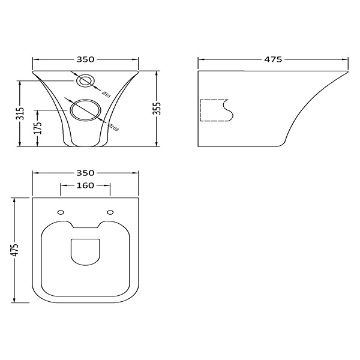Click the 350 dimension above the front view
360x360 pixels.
pyautogui.click(x=85, y=59)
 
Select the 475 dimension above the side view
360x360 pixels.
pyautogui.click(x=273, y=59)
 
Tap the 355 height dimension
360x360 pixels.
pyautogui.click(x=157, y=109)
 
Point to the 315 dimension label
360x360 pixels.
pyautogui.click(x=20, y=113)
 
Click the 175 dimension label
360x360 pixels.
pyautogui.click(x=38, y=128)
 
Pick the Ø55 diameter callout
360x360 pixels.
pyautogui.click(x=106, y=94)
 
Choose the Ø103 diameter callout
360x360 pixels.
pyautogui.click(x=113, y=127)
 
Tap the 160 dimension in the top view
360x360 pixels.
pyautogui.click(x=85, y=185)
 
